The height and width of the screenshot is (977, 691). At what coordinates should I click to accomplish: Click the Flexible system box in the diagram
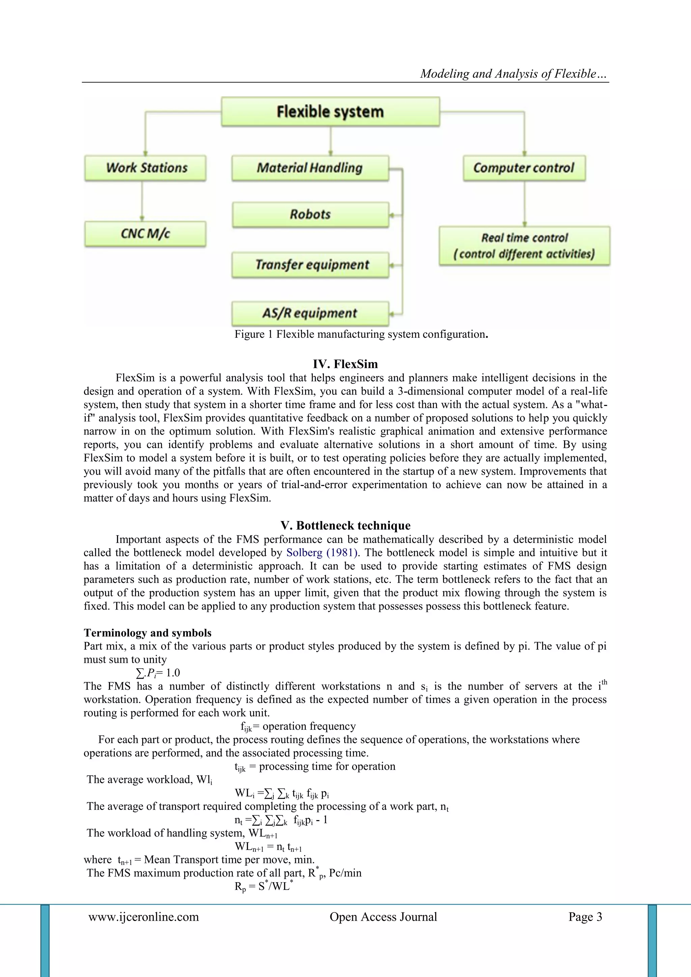click(x=330, y=111)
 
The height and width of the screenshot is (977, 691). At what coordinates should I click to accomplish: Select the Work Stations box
click(x=145, y=168)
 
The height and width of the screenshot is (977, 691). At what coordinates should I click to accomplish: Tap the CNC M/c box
click(x=145, y=234)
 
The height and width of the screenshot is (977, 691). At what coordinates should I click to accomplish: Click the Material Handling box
click(x=310, y=168)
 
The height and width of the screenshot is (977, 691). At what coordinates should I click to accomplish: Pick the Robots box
click(x=310, y=214)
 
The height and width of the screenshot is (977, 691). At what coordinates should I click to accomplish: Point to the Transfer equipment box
click(x=310, y=265)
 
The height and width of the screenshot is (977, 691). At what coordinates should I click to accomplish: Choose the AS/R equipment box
click(x=310, y=314)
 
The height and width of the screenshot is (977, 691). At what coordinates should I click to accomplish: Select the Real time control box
click(x=524, y=246)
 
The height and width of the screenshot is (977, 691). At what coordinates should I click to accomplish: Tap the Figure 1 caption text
click(x=361, y=334)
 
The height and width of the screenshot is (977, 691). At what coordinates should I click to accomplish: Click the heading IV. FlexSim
click(x=345, y=364)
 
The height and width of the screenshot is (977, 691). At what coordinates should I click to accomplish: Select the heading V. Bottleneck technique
click(x=345, y=525)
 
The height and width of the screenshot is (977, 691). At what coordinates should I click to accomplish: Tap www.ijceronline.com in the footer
click(x=144, y=917)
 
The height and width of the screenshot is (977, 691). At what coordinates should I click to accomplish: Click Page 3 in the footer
click(x=585, y=917)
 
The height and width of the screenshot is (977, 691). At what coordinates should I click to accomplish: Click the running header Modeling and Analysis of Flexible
click(x=513, y=74)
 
